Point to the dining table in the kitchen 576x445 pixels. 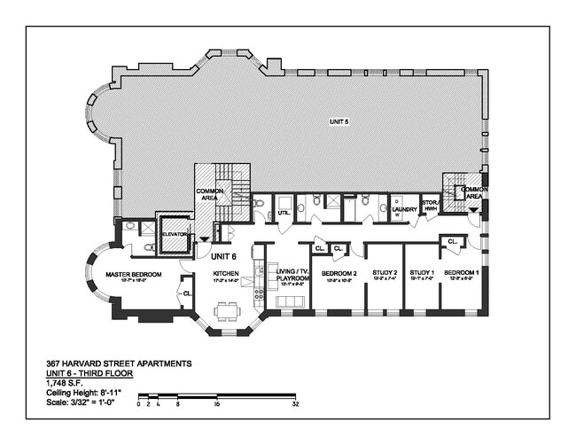point(226,311)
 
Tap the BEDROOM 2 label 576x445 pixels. point(339,273)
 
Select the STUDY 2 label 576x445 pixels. point(385,273)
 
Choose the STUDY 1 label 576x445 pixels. point(422,273)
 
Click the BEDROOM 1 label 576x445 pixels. point(461,273)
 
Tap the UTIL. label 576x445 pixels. point(284,213)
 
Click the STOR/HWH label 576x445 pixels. point(430,207)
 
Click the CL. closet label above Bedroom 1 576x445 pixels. point(452,241)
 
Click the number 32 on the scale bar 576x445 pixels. point(294,403)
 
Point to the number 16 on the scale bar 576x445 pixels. point(216,403)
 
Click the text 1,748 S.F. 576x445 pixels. point(67,384)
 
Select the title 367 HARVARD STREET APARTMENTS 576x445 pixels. point(118,363)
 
